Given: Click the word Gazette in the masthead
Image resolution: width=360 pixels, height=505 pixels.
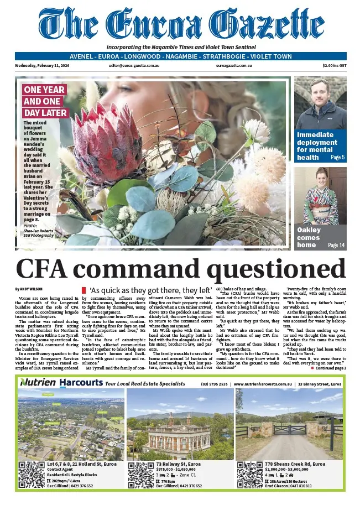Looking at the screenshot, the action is coord(269,25).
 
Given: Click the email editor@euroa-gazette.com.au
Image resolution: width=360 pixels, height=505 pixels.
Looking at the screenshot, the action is coord(134,65).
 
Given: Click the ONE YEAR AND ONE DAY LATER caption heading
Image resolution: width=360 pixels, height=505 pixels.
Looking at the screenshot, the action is coord(45,101).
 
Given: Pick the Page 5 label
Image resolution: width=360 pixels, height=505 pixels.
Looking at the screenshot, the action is coord(337,158).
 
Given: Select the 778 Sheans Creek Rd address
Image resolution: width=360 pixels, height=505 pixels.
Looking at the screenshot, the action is coord(295,464).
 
